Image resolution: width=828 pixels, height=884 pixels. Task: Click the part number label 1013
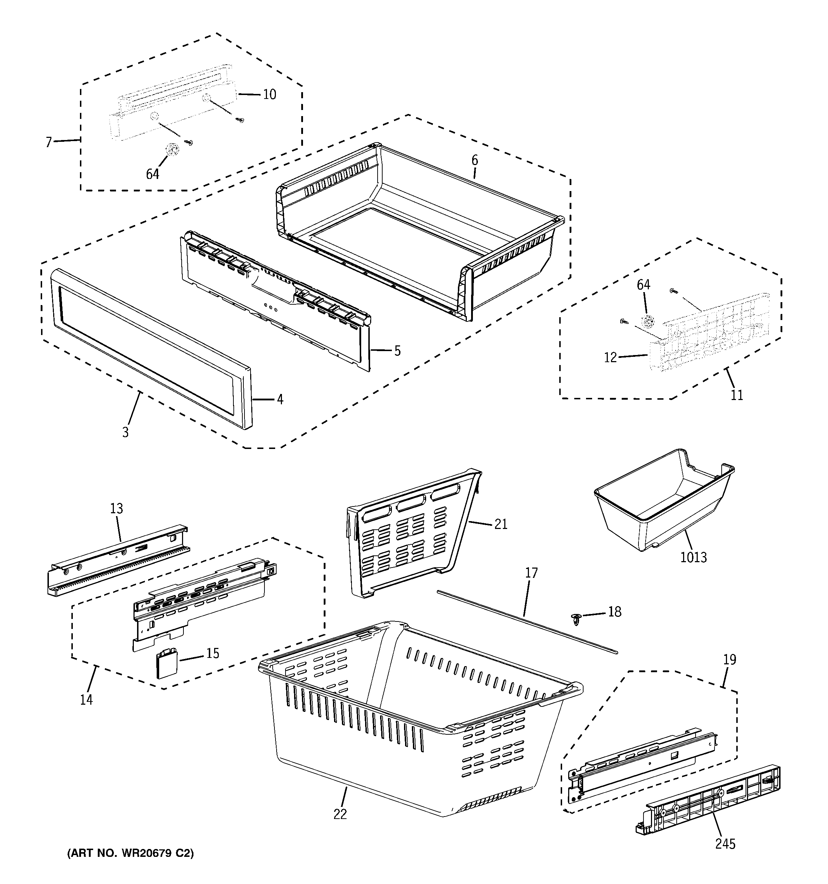click(693, 557)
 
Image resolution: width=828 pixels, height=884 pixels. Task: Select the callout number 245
click(725, 844)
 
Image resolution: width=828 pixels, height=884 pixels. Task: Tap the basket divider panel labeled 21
click(409, 534)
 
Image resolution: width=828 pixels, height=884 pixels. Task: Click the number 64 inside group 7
click(152, 174)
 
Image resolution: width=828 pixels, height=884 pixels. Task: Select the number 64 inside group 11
click(643, 285)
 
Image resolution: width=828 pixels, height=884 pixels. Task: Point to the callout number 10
click(269, 94)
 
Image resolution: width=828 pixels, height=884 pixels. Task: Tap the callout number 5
click(397, 351)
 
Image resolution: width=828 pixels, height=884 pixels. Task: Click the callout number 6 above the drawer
click(475, 160)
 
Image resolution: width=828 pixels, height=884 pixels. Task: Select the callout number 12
click(610, 357)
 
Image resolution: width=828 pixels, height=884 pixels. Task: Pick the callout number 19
click(729, 659)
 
